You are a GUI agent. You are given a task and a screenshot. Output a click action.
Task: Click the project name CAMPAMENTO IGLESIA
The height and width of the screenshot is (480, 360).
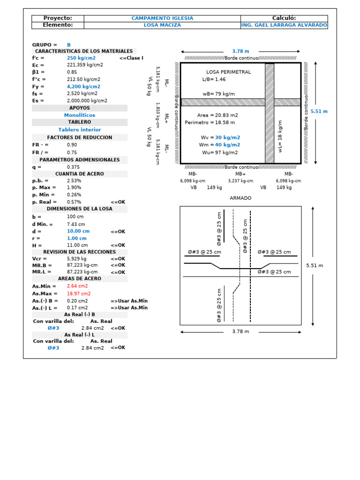pyautogui.click(x=162, y=18)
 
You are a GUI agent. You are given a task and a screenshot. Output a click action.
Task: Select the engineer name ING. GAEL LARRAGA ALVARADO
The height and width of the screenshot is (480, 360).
pyautogui.click(x=284, y=25)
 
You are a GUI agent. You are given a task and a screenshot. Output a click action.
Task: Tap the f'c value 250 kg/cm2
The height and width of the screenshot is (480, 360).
pyautogui.click(x=81, y=58)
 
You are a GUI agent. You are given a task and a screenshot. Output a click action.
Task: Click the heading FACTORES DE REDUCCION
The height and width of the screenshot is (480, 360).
pyautogui.click(x=80, y=137)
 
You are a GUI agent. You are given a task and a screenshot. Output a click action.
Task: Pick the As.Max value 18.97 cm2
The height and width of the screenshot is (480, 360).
pyautogui.click(x=77, y=293)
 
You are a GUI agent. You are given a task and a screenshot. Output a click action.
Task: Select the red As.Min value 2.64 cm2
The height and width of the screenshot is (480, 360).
pyautogui.click(x=77, y=286)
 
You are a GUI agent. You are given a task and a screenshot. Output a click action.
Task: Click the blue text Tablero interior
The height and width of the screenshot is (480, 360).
pyautogui.click(x=80, y=129)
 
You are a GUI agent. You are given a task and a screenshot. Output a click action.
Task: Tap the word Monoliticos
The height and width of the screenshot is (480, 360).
pyautogui.click(x=80, y=115)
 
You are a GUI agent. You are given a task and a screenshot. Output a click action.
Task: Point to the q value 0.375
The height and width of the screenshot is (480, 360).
pyautogui.click(x=73, y=167)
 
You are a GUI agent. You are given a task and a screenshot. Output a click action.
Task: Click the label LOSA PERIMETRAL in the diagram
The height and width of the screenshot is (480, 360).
pyautogui.click(x=228, y=72)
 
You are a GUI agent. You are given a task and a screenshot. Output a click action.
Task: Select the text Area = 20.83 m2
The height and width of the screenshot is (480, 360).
pyautogui.click(x=217, y=115)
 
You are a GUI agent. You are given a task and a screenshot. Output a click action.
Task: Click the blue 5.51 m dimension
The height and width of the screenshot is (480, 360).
pyautogui.click(x=319, y=112)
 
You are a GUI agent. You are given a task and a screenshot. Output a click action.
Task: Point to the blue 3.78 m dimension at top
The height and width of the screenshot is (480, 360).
pyautogui.click(x=240, y=51)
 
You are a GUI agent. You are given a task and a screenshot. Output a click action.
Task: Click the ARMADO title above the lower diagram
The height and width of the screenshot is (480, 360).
pyautogui.click(x=240, y=198)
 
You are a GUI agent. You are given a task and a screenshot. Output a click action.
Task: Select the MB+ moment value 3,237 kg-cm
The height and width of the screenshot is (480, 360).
pyautogui.click(x=240, y=180)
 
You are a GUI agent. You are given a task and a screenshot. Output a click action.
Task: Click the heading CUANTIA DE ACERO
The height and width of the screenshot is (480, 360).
pyautogui.click(x=80, y=174)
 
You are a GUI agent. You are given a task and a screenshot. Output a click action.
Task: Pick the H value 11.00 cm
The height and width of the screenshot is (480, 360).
pyautogui.click(x=77, y=245)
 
